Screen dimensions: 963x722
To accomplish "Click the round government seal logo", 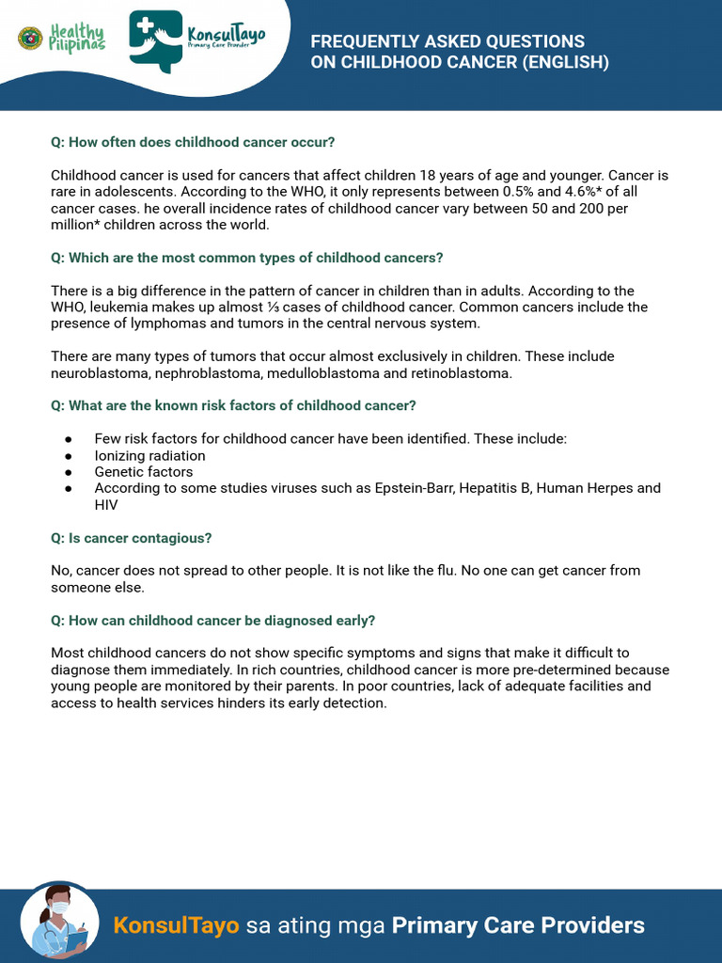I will point(30,39).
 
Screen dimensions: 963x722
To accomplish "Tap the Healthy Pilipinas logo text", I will point(77,39).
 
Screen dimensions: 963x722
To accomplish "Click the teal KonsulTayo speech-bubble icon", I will point(155,40).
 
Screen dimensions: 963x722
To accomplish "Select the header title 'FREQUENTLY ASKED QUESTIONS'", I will point(447,41).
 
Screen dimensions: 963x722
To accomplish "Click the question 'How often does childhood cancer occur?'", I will point(193,142).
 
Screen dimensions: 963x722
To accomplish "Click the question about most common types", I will point(246,258).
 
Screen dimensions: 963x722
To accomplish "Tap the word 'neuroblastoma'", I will point(95,373).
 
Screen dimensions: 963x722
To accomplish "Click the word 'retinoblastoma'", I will point(461,373).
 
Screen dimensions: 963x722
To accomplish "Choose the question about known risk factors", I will point(233,406).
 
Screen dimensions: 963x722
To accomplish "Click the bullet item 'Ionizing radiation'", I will point(149,456).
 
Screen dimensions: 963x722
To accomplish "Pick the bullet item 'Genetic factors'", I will point(143,472).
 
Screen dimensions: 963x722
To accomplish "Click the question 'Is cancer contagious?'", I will point(131,538).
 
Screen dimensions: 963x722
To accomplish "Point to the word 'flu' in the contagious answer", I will point(449,571).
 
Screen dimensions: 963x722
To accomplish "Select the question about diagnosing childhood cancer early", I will point(212,621).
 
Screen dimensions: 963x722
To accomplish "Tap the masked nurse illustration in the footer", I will point(58,921).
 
